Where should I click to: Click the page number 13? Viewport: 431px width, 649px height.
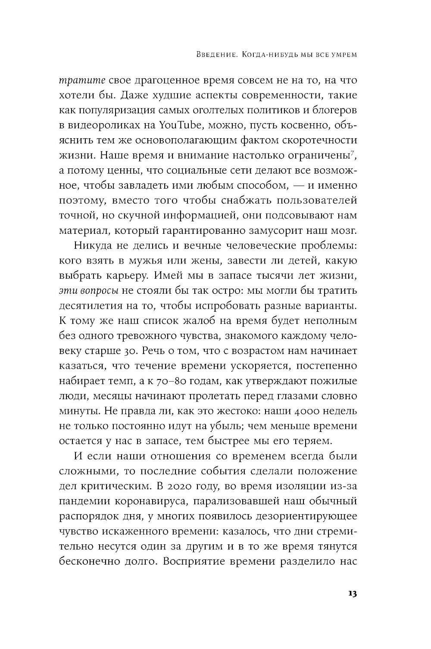pyautogui.click(x=351, y=593)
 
